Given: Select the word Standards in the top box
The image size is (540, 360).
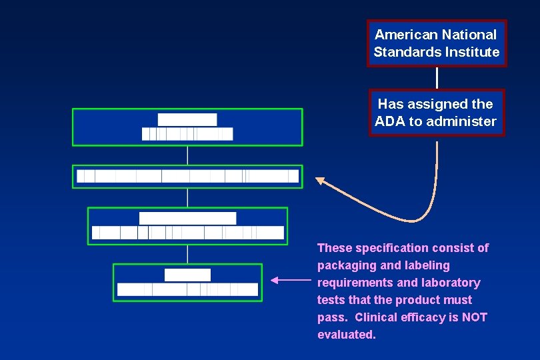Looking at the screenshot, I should click(x=404, y=52).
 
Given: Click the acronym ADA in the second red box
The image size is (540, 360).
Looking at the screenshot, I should click(x=388, y=121).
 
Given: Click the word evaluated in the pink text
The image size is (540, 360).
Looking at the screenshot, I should click(x=346, y=335).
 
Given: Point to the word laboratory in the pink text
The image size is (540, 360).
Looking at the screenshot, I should click(x=451, y=283).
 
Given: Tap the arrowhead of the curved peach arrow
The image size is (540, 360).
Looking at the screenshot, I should click(x=319, y=179).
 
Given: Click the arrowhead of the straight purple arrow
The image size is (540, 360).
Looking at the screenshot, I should click(x=275, y=281).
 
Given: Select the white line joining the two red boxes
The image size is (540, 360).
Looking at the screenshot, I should click(x=437, y=77).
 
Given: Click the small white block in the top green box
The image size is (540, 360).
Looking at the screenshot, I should click(x=187, y=119).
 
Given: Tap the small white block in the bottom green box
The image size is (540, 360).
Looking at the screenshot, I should click(x=187, y=275).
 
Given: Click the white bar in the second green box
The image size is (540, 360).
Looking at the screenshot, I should click(x=187, y=176).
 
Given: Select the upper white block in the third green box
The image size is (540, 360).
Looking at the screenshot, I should click(x=187, y=218).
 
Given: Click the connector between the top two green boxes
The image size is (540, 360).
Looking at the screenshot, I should click(x=187, y=155).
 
